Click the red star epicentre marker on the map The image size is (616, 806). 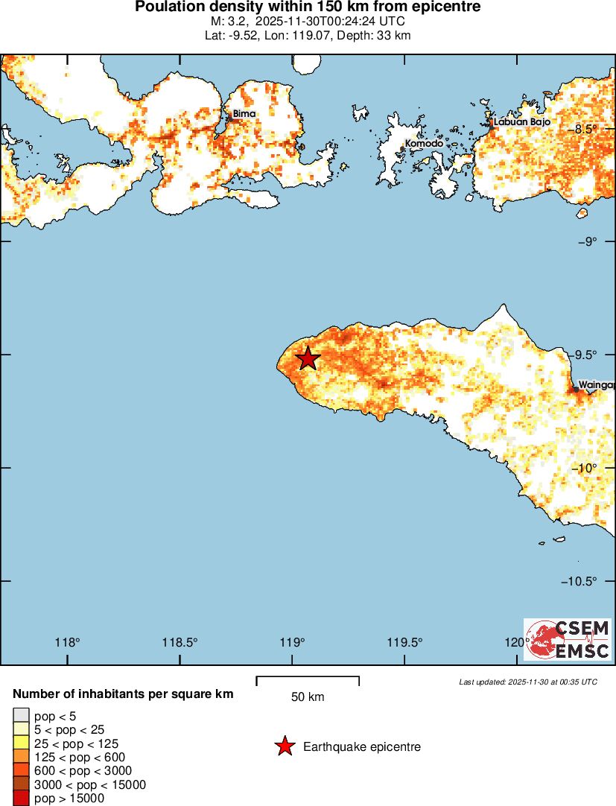308,358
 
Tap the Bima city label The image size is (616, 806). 244,114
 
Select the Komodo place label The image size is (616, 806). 424,143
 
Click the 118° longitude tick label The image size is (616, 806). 68,643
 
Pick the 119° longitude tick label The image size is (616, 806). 293,643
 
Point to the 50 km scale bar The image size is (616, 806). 308,681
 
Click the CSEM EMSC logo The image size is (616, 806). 568,639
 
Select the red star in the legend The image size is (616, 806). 284,746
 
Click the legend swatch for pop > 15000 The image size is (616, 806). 21,799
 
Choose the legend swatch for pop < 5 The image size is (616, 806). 21,717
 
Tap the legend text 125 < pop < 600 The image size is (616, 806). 80,757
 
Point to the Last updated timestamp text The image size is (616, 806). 527,682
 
